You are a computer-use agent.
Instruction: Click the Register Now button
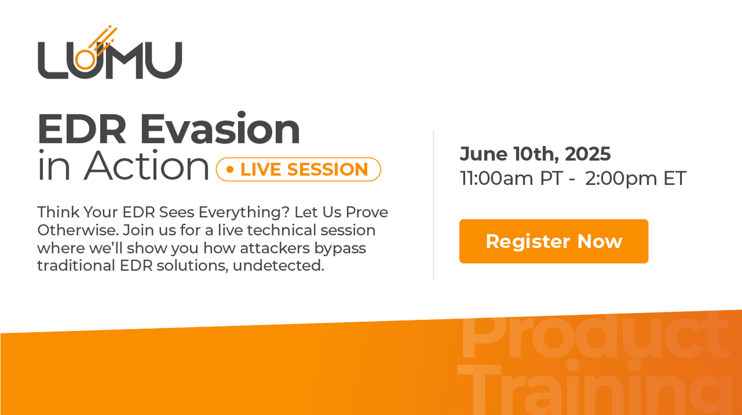(553, 241)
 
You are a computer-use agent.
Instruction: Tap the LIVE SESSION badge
(298, 169)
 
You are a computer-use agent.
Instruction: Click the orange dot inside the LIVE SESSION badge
(230, 169)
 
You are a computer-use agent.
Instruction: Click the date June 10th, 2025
(535, 153)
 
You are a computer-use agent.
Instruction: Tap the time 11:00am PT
(511, 179)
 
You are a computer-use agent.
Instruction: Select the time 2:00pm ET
(636, 179)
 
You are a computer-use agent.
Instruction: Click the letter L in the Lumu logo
(51, 61)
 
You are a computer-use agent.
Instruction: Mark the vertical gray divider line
(433, 204)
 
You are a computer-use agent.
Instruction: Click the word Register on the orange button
(528, 241)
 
